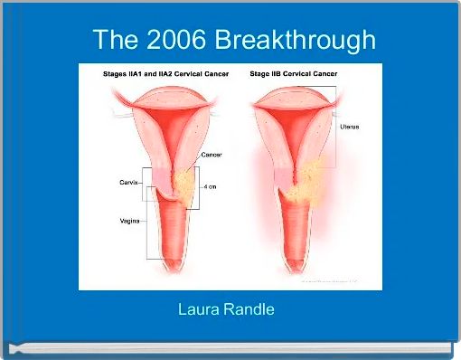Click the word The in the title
point(114,40)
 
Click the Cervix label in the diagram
point(128,183)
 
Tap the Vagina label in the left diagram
point(130,221)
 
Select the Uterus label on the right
point(349,127)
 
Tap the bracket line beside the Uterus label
point(336,128)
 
